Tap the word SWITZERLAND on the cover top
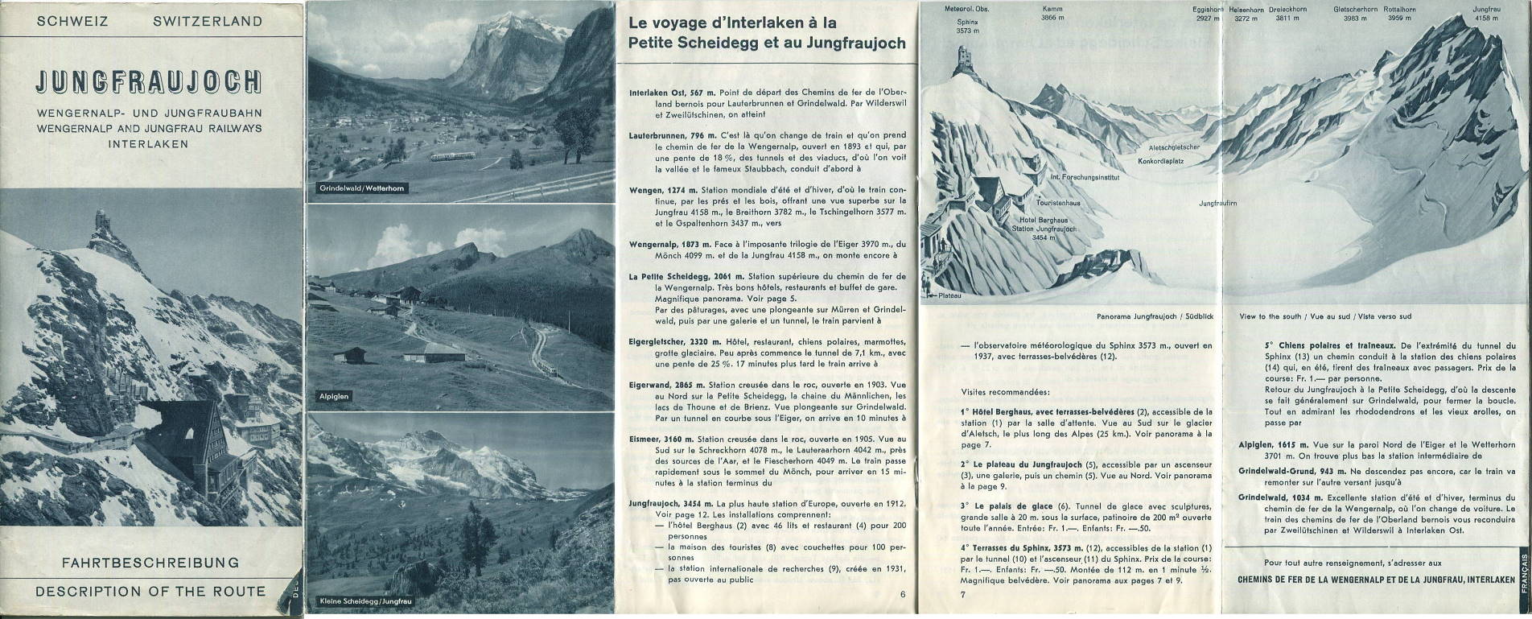(x=207, y=22)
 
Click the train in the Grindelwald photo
(x=450, y=156)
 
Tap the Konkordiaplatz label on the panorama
(x=1160, y=161)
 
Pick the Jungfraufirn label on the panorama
(x=1217, y=203)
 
